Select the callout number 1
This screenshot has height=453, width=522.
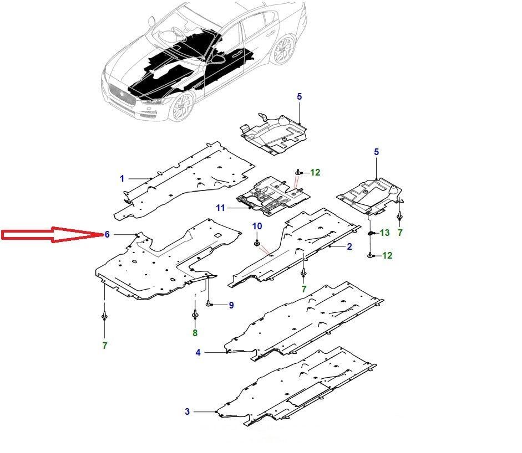tap(122, 178)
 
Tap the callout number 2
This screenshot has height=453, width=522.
tap(349, 246)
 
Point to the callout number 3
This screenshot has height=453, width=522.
tap(187, 411)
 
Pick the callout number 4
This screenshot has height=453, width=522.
tap(198, 352)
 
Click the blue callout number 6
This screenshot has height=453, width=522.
tap(107, 235)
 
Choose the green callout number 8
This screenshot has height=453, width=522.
tap(195, 333)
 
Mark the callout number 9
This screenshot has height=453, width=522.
tap(231, 305)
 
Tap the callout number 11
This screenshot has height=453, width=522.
tap(221, 208)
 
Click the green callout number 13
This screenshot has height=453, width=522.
tap(384, 233)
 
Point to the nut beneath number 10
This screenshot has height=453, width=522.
tap(257, 243)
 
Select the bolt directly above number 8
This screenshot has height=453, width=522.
tap(195, 315)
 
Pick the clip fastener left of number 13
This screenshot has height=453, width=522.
tap(371, 233)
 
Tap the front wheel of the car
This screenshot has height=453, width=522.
tap(182, 107)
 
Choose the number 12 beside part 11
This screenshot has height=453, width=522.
tap(315, 173)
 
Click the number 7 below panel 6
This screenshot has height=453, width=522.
tap(105, 346)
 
